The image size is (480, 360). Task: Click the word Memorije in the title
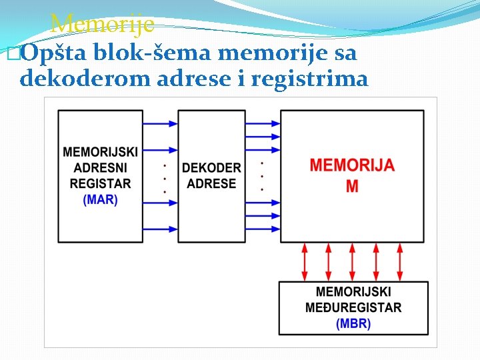102,25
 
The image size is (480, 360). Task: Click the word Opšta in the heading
55,53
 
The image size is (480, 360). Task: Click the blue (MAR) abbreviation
100,199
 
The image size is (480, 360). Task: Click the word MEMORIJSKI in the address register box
100,153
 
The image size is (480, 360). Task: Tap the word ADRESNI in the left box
100,168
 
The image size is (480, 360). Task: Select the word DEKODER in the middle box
211,168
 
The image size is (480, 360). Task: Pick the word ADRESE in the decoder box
211,183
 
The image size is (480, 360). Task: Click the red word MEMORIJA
352,165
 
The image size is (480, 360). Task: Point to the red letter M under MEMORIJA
352,187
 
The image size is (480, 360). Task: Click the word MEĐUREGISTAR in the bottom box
353,307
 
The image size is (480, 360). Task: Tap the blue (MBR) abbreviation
353,323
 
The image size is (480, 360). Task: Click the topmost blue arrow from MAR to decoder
161,123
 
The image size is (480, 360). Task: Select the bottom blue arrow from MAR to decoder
161,229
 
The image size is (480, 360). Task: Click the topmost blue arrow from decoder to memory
263,123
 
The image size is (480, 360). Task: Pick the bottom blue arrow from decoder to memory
263,229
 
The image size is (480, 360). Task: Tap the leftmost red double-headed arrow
305,261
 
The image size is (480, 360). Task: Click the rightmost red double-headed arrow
400,261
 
